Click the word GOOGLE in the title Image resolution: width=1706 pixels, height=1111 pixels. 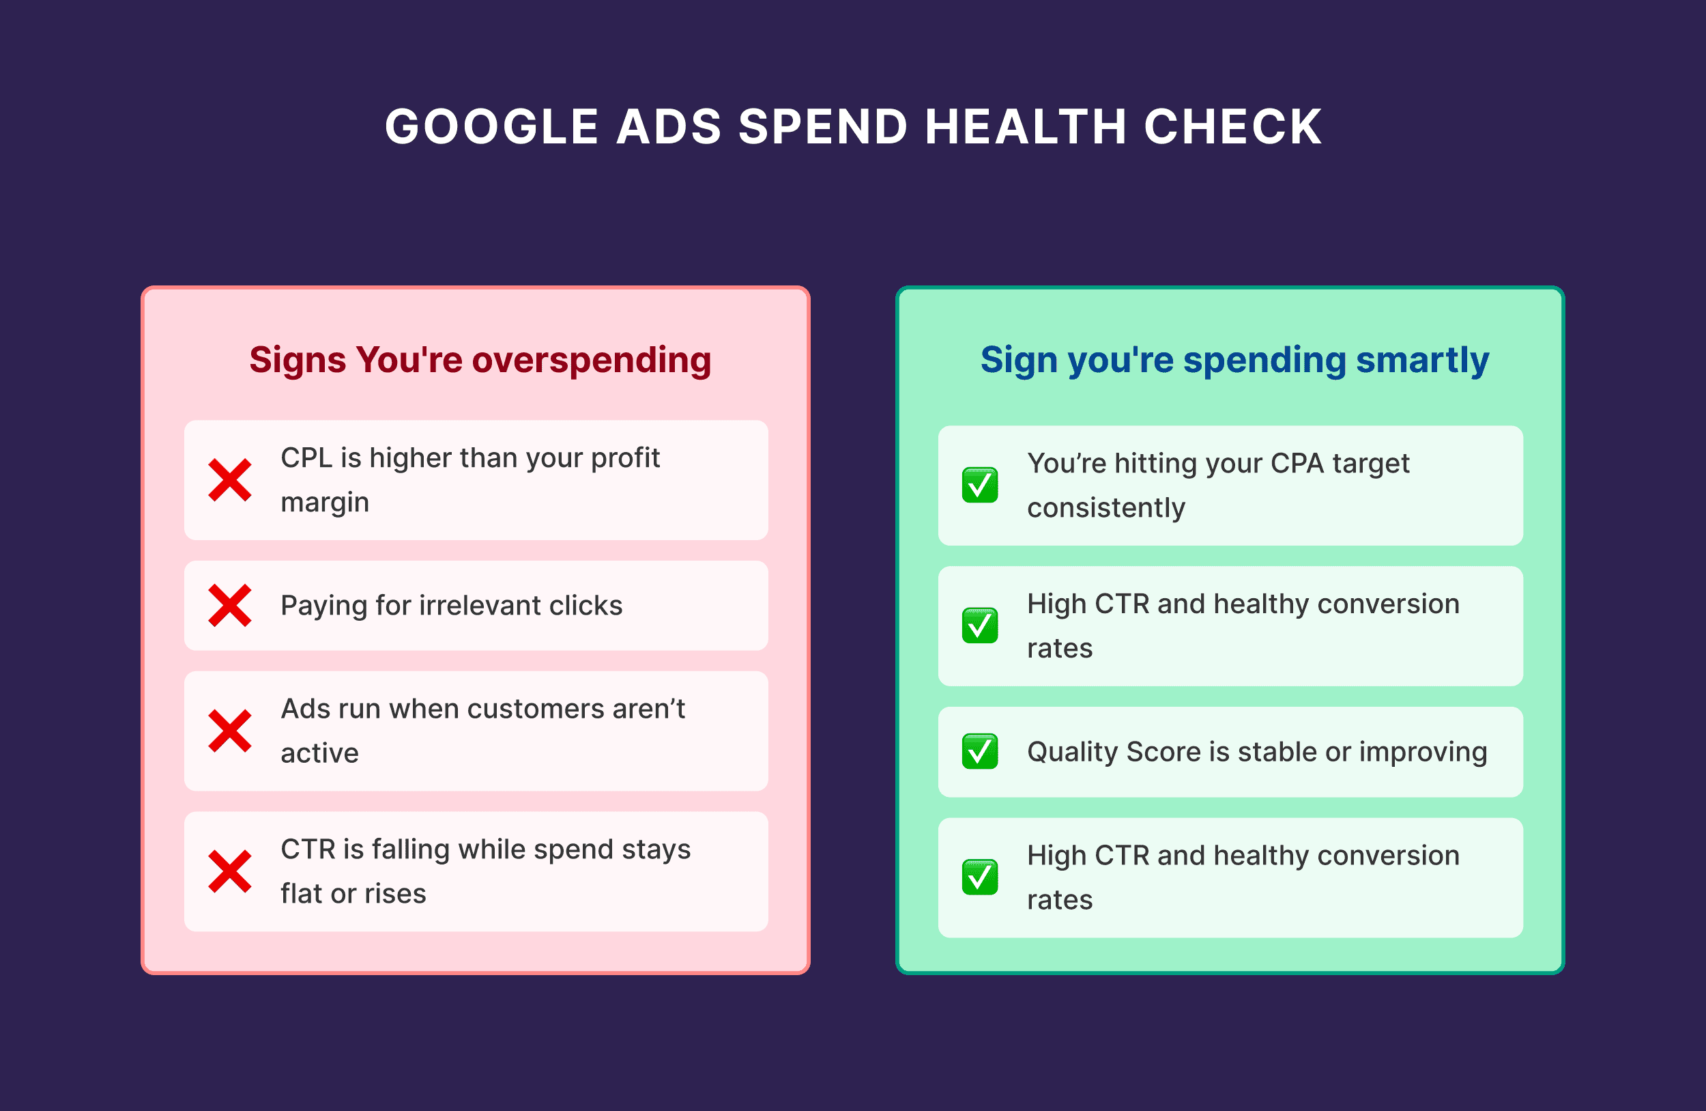click(492, 127)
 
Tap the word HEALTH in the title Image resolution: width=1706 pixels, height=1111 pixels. click(1026, 127)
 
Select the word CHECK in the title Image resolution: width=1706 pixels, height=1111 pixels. click(1233, 127)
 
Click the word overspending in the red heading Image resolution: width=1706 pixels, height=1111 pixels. click(592, 361)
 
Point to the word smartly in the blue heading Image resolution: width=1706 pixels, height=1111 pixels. click(1422, 361)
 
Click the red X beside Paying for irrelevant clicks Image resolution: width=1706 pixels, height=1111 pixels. click(229, 605)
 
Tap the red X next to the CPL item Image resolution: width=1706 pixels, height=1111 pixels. click(229, 480)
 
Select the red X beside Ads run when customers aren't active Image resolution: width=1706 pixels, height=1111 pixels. click(229, 731)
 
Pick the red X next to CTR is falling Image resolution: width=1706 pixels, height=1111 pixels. click(229, 871)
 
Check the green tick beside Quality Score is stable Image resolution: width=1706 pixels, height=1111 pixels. click(980, 751)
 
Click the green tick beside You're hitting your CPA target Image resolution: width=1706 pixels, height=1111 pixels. click(980, 485)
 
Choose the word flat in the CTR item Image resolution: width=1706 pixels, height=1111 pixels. click(301, 894)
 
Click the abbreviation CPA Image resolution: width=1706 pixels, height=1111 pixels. click(1297, 464)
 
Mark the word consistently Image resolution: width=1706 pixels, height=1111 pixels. click(1106, 508)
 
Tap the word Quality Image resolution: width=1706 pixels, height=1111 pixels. click(1071, 753)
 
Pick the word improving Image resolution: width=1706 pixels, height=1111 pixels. click(1423, 753)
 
